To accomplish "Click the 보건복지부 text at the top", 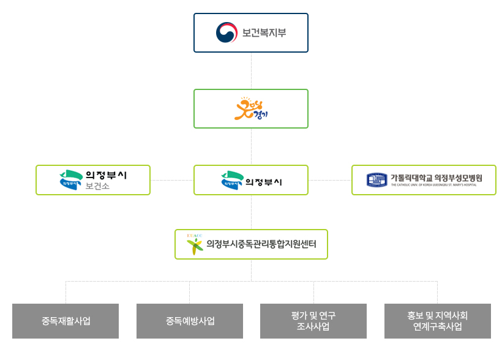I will (264, 32).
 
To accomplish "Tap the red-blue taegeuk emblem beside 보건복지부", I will (227, 32).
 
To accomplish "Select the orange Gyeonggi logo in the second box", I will (252, 108).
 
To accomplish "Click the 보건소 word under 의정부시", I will (98, 186).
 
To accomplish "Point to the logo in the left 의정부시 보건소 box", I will (71, 180).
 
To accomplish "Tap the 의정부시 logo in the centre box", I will (232, 180).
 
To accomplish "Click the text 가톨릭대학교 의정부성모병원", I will (436, 178).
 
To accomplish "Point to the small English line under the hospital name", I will (436, 185).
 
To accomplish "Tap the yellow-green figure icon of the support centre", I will (195, 245).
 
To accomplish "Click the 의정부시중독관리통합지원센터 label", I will (261, 244).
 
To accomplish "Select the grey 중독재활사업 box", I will (66, 321).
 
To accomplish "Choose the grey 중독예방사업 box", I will (190, 321).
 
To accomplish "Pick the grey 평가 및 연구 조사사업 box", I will (313, 321).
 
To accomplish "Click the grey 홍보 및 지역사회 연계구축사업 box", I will (438, 321).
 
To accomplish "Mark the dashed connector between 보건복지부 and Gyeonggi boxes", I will (251, 70).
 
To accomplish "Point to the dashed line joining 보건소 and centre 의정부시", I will (172, 180).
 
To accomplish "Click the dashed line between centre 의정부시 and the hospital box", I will (330, 180).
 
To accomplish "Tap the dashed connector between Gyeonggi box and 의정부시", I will (251, 146).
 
